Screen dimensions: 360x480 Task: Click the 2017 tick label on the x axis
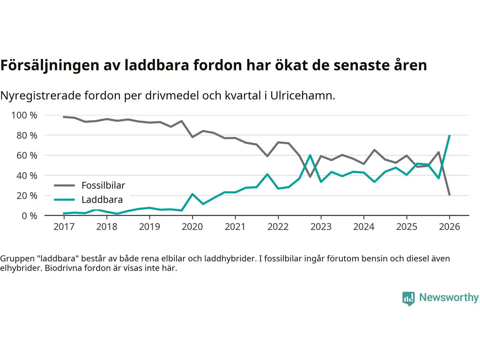pyautogui.click(x=64, y=226)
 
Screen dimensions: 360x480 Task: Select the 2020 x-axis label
pyautogui.click(x=192, y=226)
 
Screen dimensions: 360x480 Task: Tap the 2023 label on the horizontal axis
pyautogui.click(x=321, y=226)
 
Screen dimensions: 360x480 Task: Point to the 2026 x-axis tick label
pyautogui.click(x=449, y=226)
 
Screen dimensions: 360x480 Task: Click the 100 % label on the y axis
pyautogui.click(x=24, y=115)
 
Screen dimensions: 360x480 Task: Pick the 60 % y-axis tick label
pyautogui.click(x=27, y=155)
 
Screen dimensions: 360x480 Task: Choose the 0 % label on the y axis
pyautogui.click(x=29, y=216)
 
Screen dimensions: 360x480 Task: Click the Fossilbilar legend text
pyautogui.click(x=103, y=185)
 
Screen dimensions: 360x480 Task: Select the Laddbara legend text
pyautogui.click(x=102, y=199)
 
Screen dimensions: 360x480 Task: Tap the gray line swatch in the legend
pyautogui.click(x=64, y=185)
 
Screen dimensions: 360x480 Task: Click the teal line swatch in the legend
pyautogui.click(x=64, y=199)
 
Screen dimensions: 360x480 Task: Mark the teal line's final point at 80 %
pyautogui.click(x=449, y=135)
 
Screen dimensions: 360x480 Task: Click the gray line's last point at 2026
pyautogui.click(x=449, y=195)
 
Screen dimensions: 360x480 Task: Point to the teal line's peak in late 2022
pyautogui.click(x=310, y=155)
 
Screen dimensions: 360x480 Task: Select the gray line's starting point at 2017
pyautogui.click(x=64, y=117)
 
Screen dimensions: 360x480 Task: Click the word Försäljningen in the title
pyautogui.click(x=50, y=65)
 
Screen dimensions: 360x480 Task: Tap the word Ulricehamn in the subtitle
pyautogui.click(x=302, y=96)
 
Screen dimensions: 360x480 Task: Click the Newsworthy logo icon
pyautogui.click(x=409, y=298)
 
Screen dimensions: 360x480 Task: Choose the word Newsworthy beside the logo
pyautogui.click(x=449, y=297)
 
